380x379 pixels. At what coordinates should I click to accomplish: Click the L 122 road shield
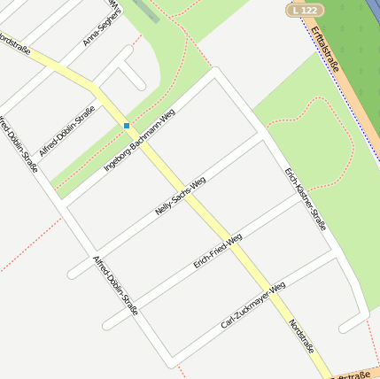point(305,10)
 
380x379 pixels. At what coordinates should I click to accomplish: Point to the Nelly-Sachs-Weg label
point(180,196)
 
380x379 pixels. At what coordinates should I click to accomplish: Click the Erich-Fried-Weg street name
point(218,251)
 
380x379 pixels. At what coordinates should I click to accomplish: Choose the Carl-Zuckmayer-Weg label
point(253,306)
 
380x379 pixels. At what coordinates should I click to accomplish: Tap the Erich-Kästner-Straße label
point(306,199)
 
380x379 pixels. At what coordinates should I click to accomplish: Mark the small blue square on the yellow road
point(127,126)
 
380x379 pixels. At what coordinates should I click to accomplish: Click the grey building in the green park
point(146,11)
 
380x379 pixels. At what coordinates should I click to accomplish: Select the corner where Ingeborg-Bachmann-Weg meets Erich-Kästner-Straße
point(213,73)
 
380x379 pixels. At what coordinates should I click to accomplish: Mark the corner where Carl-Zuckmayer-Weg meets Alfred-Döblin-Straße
point(168,363)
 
